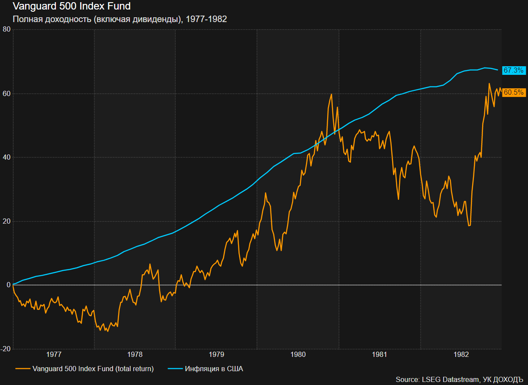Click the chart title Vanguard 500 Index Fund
(x=72, y=6)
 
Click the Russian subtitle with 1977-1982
(x=120, y=19)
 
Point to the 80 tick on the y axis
(x=6, y=29)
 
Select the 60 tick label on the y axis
(x=6, y=93)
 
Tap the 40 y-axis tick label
(x=6, y=157)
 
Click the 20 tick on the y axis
(x=6, y=221)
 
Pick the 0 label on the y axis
(x=8, y=285)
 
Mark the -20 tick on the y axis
(x=6, y=349)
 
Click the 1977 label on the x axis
(x=54, y=355)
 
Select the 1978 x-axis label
(x=135, y=355)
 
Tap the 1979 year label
(x=216, y=355)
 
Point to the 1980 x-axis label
(x=298, y=355)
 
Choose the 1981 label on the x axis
(x=380, y=355)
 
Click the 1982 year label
(x=461, y=355)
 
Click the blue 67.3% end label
(x=514, y=70)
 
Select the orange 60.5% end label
(x=514, y=92)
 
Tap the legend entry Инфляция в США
(x=214, y=369)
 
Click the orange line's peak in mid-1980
(x=331, y=94)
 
